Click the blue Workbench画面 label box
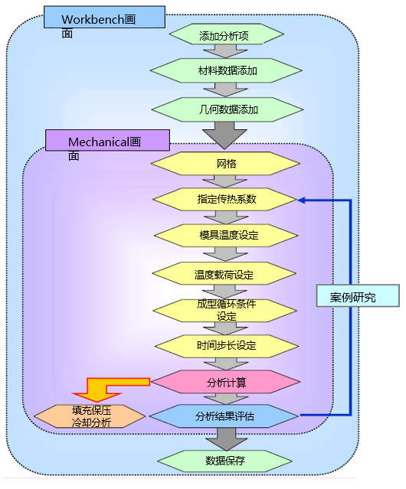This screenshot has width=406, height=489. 104,17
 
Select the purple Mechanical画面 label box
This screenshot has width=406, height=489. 108,140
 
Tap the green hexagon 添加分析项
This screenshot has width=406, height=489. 227,34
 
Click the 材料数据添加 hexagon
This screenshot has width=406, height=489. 226,71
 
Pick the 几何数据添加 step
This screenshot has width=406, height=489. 228,109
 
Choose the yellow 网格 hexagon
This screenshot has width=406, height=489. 226,164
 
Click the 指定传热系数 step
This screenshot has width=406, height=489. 225,199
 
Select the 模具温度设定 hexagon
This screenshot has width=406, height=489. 226,236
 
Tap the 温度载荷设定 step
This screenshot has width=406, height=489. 224,273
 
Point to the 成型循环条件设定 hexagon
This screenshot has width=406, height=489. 225,311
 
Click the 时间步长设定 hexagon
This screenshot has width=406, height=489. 227,346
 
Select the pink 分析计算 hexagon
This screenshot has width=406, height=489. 226,382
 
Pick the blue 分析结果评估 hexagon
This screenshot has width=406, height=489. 224,416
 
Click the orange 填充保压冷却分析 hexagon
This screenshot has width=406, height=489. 90,416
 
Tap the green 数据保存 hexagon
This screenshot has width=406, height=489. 225,461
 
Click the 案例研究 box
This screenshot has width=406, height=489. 358,295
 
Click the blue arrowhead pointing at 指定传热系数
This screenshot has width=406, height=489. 301,200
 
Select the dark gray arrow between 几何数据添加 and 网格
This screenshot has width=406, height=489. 224,135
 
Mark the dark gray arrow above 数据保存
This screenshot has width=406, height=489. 226,439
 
